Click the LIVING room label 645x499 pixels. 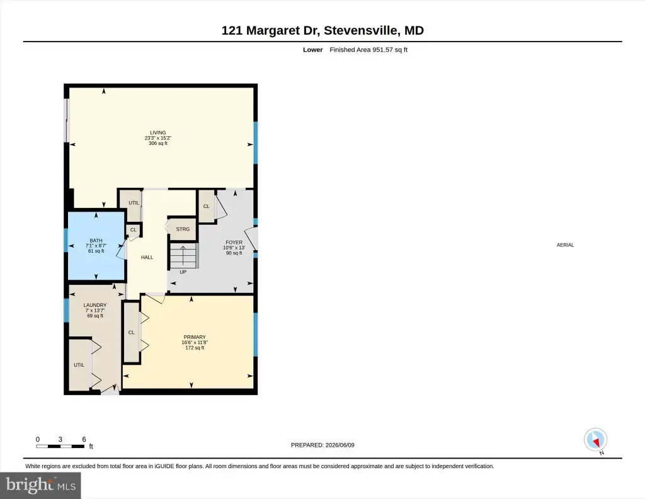[x=158, y=133]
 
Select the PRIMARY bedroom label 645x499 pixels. [x=195, y=337]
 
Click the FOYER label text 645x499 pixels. [x=234, y=243]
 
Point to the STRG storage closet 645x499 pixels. [x=183, y=229]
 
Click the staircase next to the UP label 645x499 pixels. [x=183, y=255]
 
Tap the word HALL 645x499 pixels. [x=147, y=257]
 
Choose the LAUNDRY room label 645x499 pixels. [x=95, y=305]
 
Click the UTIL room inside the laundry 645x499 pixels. [x=79, y=364]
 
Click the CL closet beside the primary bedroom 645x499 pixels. [x=132, y=333]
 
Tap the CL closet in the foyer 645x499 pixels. [x=207, y=206]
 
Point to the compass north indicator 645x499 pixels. [x=596, y=440]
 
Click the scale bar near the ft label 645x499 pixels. [x=60, y=446]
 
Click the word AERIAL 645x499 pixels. [x=565, y=244]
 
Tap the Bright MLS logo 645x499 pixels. [x=40, y=485]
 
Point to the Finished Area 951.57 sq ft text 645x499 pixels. [x=368, y=50]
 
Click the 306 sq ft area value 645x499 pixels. [x=158, y=143]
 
